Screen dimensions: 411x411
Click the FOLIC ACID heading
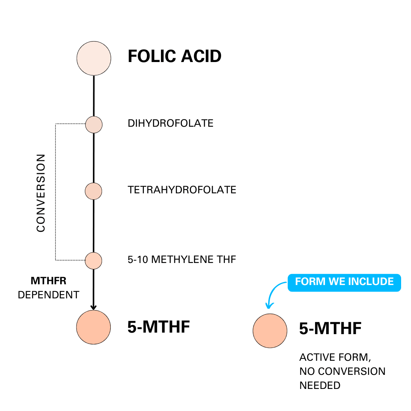[174, 57]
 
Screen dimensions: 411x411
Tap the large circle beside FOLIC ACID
[94, 59]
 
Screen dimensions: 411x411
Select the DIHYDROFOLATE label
[170, 123]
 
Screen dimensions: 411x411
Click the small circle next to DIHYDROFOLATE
[94, 124]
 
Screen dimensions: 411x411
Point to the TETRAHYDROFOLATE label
[182, 190]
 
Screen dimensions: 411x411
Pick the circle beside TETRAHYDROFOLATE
[93, 191]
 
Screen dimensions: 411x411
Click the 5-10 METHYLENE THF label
[182, 260]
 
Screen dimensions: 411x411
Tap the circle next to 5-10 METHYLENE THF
[93, 261]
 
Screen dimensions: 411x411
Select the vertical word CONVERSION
[41, 193]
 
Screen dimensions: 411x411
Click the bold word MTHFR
[48, 281]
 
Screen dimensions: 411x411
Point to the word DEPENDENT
[48, 295]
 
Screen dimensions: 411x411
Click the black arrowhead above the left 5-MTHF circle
[94, 307]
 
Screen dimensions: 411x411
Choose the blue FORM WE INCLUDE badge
[344, 282]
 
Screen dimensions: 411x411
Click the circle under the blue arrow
[270, 331]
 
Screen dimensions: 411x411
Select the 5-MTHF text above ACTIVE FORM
[330, 328]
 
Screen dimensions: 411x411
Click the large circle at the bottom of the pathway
[93, 327]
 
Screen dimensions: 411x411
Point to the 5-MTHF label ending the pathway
[158, 327]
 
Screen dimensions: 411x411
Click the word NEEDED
[320, 385]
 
